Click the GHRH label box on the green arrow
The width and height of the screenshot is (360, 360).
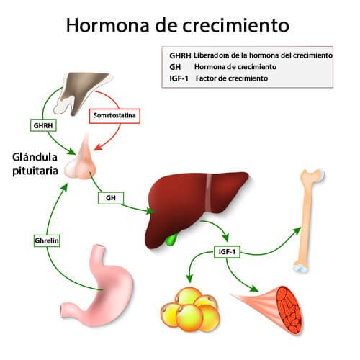pyautogui.click(x=43, y=125)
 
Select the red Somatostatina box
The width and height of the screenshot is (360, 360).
pyautogui.click(x=114, y=116)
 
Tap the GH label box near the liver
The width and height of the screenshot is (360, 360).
pyautogui.click(x=111, y=198)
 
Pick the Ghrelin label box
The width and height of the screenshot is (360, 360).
pyautogui.click(x=47, y=240)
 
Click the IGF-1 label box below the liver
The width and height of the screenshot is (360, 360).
pyautogui.click(x=227, y=251)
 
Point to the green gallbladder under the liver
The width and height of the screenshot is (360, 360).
pyautogui.click(x=171, y=240)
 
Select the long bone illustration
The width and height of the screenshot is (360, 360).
pyautogui.click(x=308, y=221)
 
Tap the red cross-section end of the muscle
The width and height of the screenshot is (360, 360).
pyautogui.click(x=289, y=310)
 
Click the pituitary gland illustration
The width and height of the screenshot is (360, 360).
pyautogui.click(x=81, y=160)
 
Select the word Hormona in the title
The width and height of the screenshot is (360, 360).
pyautogui.click(x=107, y=25)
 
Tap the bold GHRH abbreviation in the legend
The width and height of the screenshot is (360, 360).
pyautogui.click(x=180, y=55)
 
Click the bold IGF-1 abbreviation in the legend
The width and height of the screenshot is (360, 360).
pyautogui.click(x=179, y=78)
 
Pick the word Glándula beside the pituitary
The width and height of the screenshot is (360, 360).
pyautogui.click(x=35, y=157)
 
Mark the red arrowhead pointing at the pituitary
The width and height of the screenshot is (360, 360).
pyautogui.click(x=97, y=148)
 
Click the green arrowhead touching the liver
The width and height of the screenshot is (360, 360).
pyautogui.click(x=150, y=212)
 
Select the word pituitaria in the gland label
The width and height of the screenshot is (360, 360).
pyautogui.click(x=35, y=171)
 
